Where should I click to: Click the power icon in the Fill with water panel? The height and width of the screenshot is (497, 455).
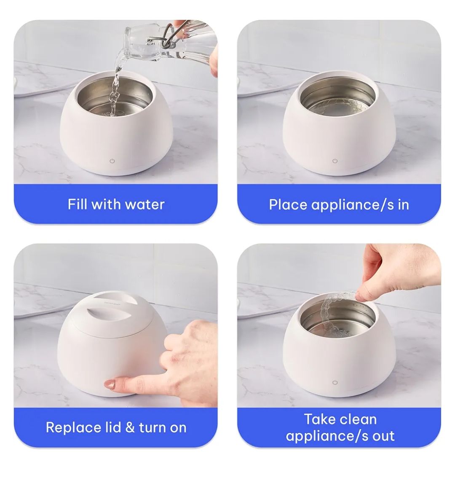coord(112,161)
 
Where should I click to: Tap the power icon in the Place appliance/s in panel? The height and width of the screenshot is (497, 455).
coord(335,161)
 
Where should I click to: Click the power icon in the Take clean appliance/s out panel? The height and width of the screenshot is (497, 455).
coord(335,383)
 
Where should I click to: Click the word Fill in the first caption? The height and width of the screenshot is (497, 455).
coord(77,204)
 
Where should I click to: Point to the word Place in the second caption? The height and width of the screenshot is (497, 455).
coord(288,205)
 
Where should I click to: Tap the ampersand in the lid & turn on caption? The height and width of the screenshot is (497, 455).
coord(130,427)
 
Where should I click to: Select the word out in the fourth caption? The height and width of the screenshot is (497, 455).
coord(383,436)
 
